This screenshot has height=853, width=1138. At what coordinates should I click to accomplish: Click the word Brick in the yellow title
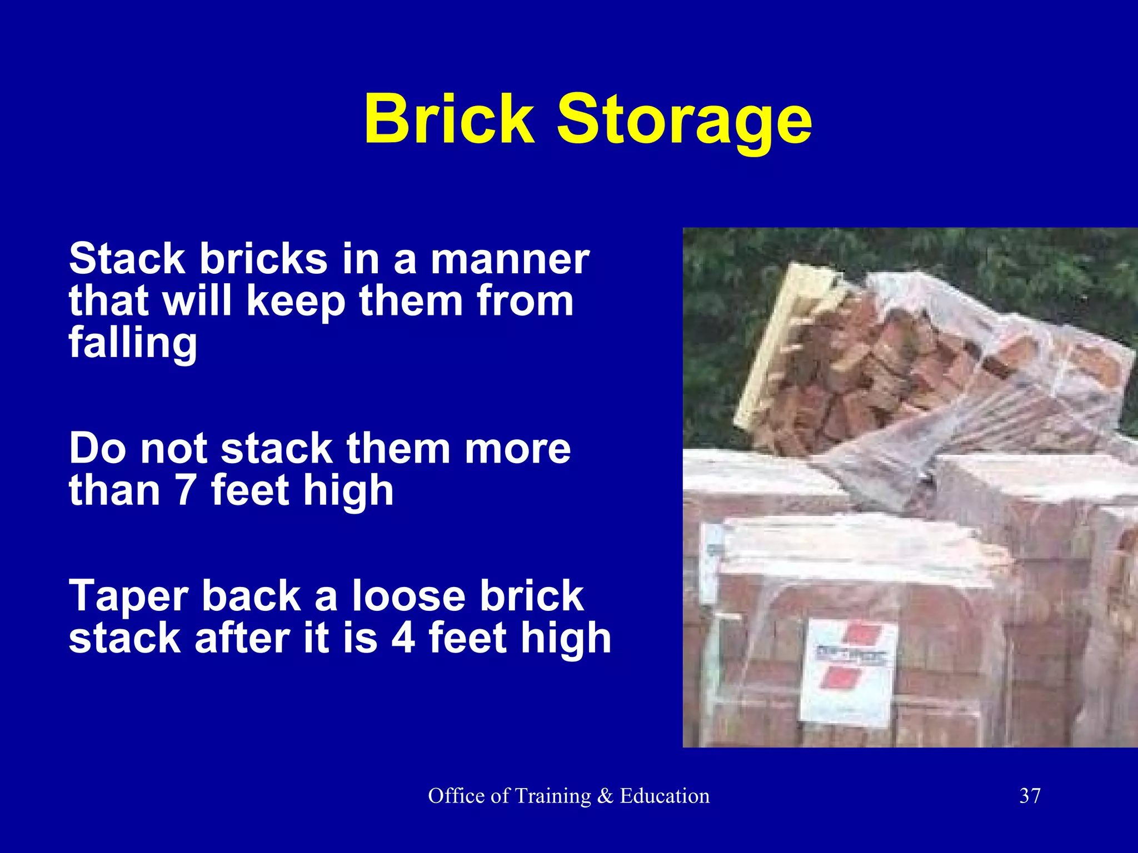click(449, 119)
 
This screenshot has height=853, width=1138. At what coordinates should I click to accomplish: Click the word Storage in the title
click(685, 122)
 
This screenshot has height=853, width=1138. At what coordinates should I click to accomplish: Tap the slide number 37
click(1030, 796)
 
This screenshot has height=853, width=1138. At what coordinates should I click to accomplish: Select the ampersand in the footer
click(605, 796)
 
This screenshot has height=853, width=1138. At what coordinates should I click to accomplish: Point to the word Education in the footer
click(665, 796)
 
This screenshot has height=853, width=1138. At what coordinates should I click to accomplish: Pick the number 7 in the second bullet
click(186, 490)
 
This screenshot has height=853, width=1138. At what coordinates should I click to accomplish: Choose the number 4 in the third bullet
click(403, 638)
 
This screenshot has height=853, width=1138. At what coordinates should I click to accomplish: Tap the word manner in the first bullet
click(510, 259)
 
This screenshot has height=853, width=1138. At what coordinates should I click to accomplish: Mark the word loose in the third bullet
click(408, 595)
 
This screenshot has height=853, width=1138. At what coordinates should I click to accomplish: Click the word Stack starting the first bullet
click(127, 259)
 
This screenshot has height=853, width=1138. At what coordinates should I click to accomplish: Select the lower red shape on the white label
click(840, 679)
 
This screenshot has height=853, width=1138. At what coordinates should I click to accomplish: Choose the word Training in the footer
click(552, 796)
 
